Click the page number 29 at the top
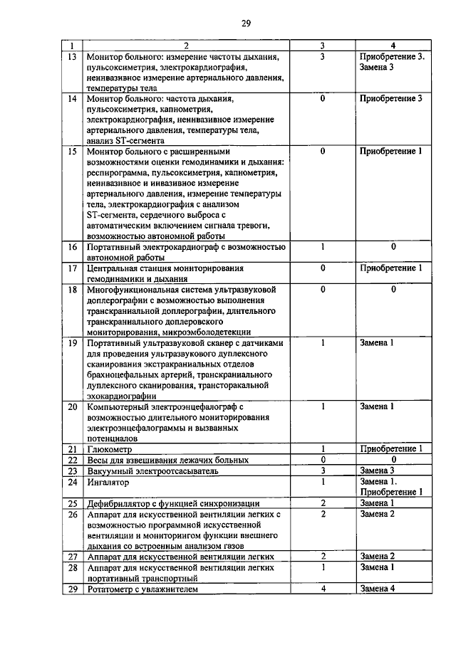coord(246,23)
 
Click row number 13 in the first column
coord(71,56)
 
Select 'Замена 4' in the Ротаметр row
coord(377,589)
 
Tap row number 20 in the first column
coord(71,407)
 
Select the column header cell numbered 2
coord(185,46)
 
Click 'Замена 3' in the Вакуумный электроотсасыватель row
coord(377,471)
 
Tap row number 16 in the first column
coord(71,247)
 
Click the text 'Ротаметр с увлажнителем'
coord(140,589)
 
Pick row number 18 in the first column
coord(71,290)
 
